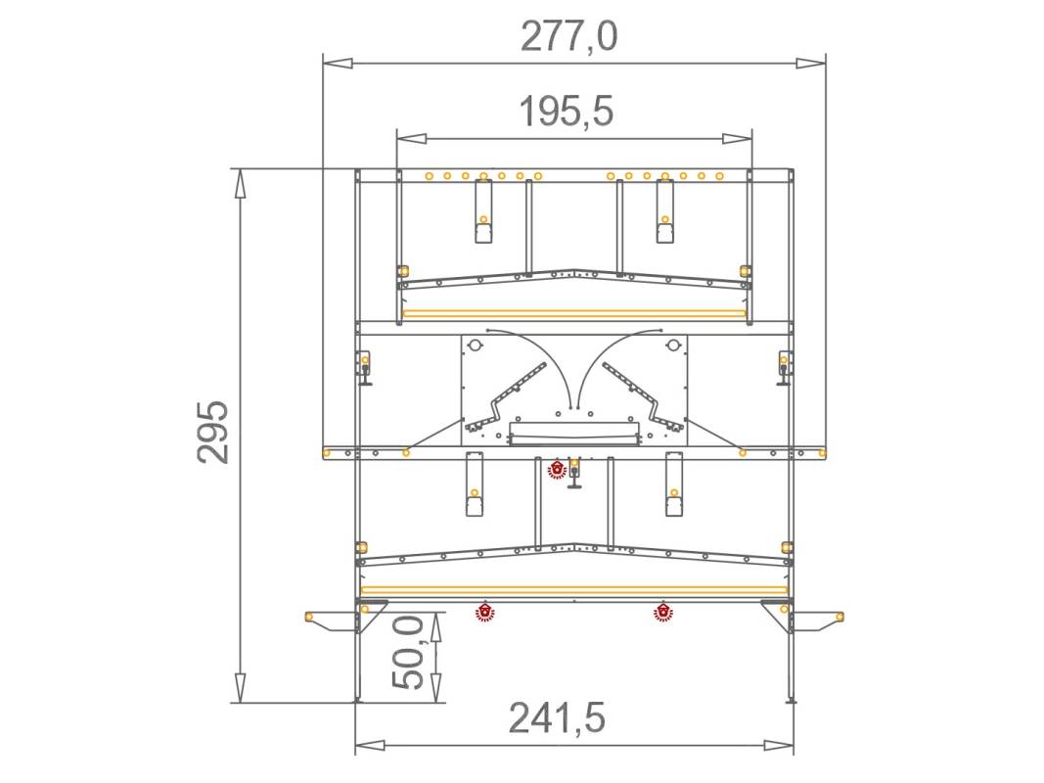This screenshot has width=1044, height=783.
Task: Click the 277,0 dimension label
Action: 568,36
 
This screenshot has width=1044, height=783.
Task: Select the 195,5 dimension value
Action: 566,112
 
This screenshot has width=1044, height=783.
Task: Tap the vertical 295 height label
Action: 213,432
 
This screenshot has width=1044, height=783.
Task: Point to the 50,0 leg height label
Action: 407,653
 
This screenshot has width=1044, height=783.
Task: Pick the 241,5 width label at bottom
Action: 558,717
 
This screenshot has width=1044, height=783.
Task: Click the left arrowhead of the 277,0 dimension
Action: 338,64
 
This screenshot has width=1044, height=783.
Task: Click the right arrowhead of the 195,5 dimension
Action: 738,138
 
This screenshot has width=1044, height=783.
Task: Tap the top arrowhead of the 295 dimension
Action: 240,184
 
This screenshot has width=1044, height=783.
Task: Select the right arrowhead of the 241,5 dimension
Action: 778,745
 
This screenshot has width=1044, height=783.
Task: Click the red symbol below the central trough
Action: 557,470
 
